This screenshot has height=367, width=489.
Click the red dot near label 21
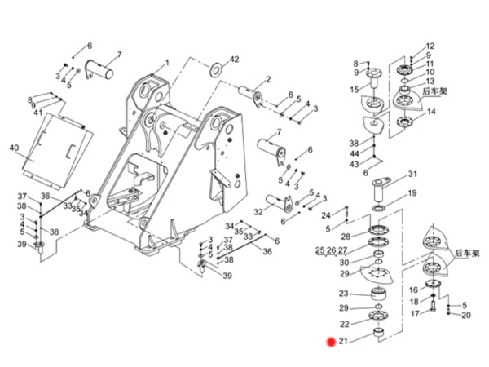[331, 343]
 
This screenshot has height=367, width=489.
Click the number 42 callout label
[236, 60]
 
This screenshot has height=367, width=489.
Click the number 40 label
[14, 148]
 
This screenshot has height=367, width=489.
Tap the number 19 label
[412, 193]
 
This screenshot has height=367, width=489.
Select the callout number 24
[326, 215]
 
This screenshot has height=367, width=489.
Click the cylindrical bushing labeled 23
[377, 294]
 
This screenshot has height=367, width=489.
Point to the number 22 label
[344, 325]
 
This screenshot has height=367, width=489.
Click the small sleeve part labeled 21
[377, 333]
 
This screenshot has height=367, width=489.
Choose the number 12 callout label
[430, 46]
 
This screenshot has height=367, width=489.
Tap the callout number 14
[431, 112]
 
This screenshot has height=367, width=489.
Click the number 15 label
[355, 89]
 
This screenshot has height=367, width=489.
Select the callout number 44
[355, 153]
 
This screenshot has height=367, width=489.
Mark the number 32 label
[258, 212]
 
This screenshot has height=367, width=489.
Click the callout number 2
[267, 79]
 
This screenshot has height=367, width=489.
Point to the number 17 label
[414, 313]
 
